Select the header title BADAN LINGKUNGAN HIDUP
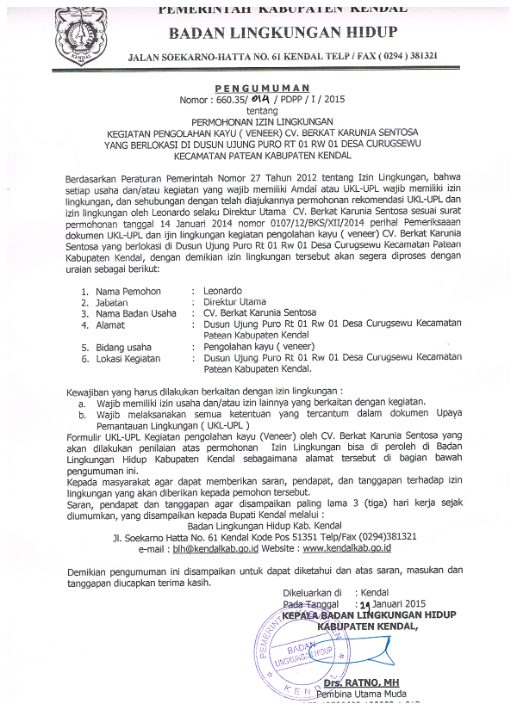pyautogui.click(x=283, y=33)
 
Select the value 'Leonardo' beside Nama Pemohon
pyautogui.click(x=222, y=292)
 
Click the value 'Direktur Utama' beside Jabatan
pyautogui.click(x=234, y=303)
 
